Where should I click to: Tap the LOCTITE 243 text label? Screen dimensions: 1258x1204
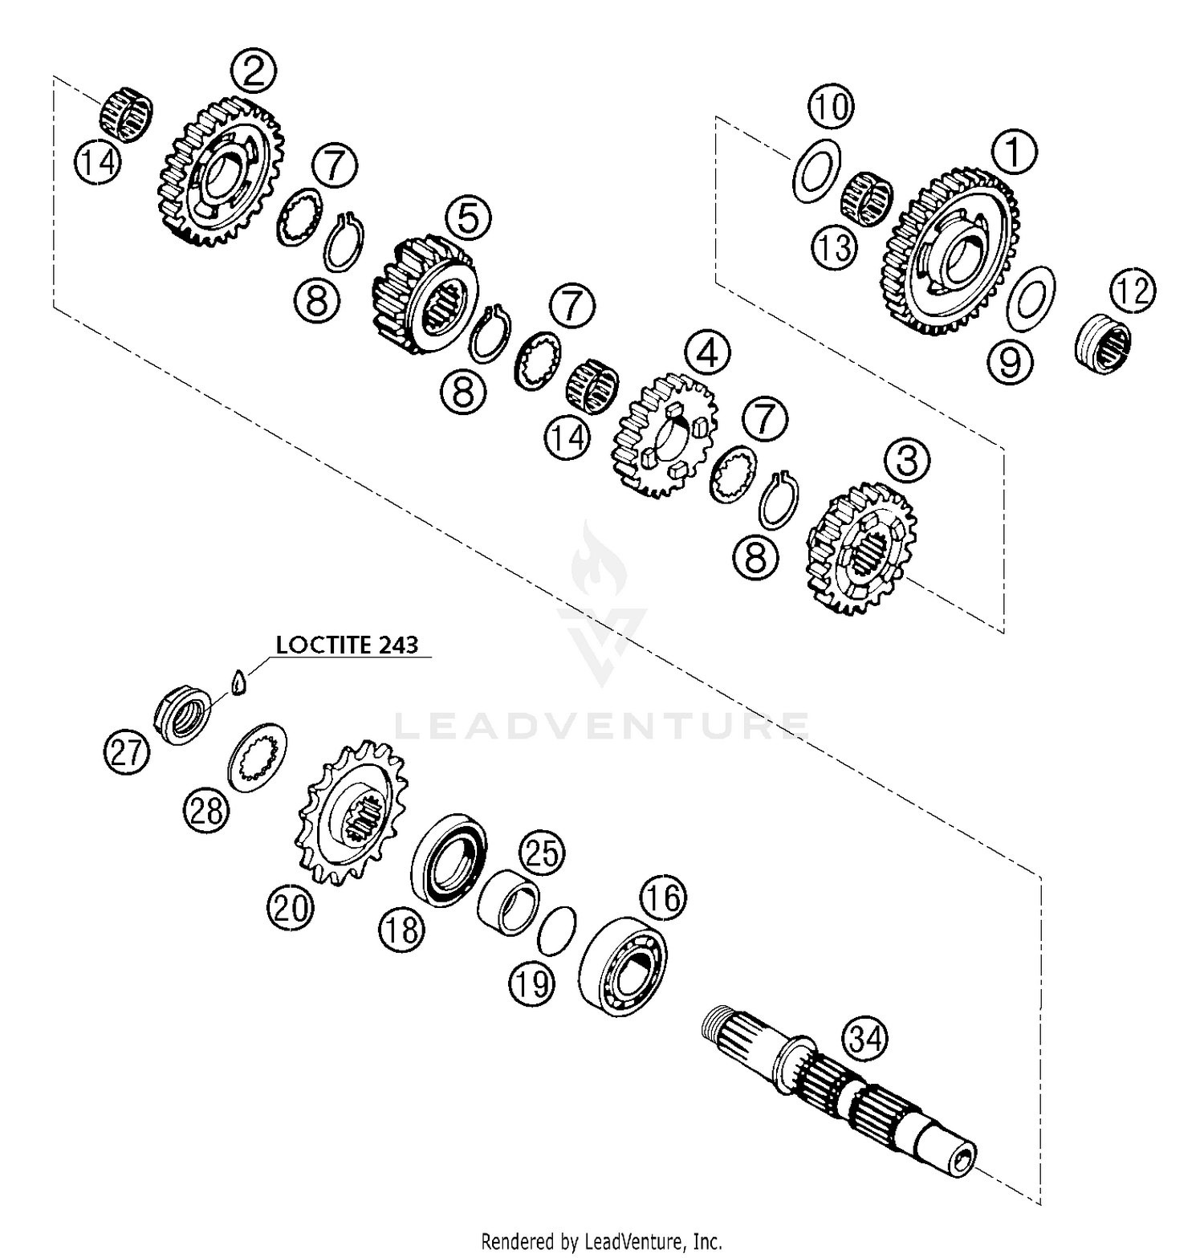click(347, 645)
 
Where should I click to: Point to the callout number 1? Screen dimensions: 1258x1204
click(1014, 153)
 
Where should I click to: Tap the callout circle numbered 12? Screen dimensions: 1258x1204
click(1133, 291)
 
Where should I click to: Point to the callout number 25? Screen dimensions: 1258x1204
click(543, 853)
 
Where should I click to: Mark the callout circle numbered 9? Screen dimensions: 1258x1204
click(1010, 363)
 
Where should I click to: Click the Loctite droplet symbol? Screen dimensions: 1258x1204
click(237, 682)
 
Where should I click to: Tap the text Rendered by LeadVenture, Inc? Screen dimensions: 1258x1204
click(601, 1241)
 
